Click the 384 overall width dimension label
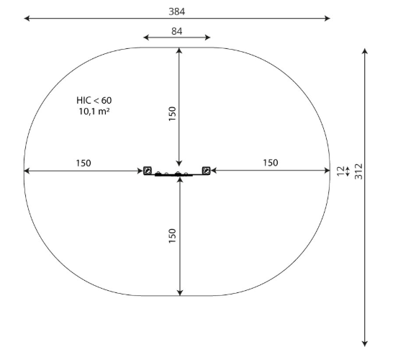coord(177,12)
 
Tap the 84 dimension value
coord(176,31)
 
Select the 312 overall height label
coord(358,171)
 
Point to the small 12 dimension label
coord(340,171)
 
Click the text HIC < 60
coord(94,100)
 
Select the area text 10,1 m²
coord(94,112)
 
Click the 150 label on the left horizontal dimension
coord(83,163)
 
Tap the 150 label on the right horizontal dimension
coord(270,163)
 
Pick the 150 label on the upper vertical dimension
coord(172,114)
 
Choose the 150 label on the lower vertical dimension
coord(172,235)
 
